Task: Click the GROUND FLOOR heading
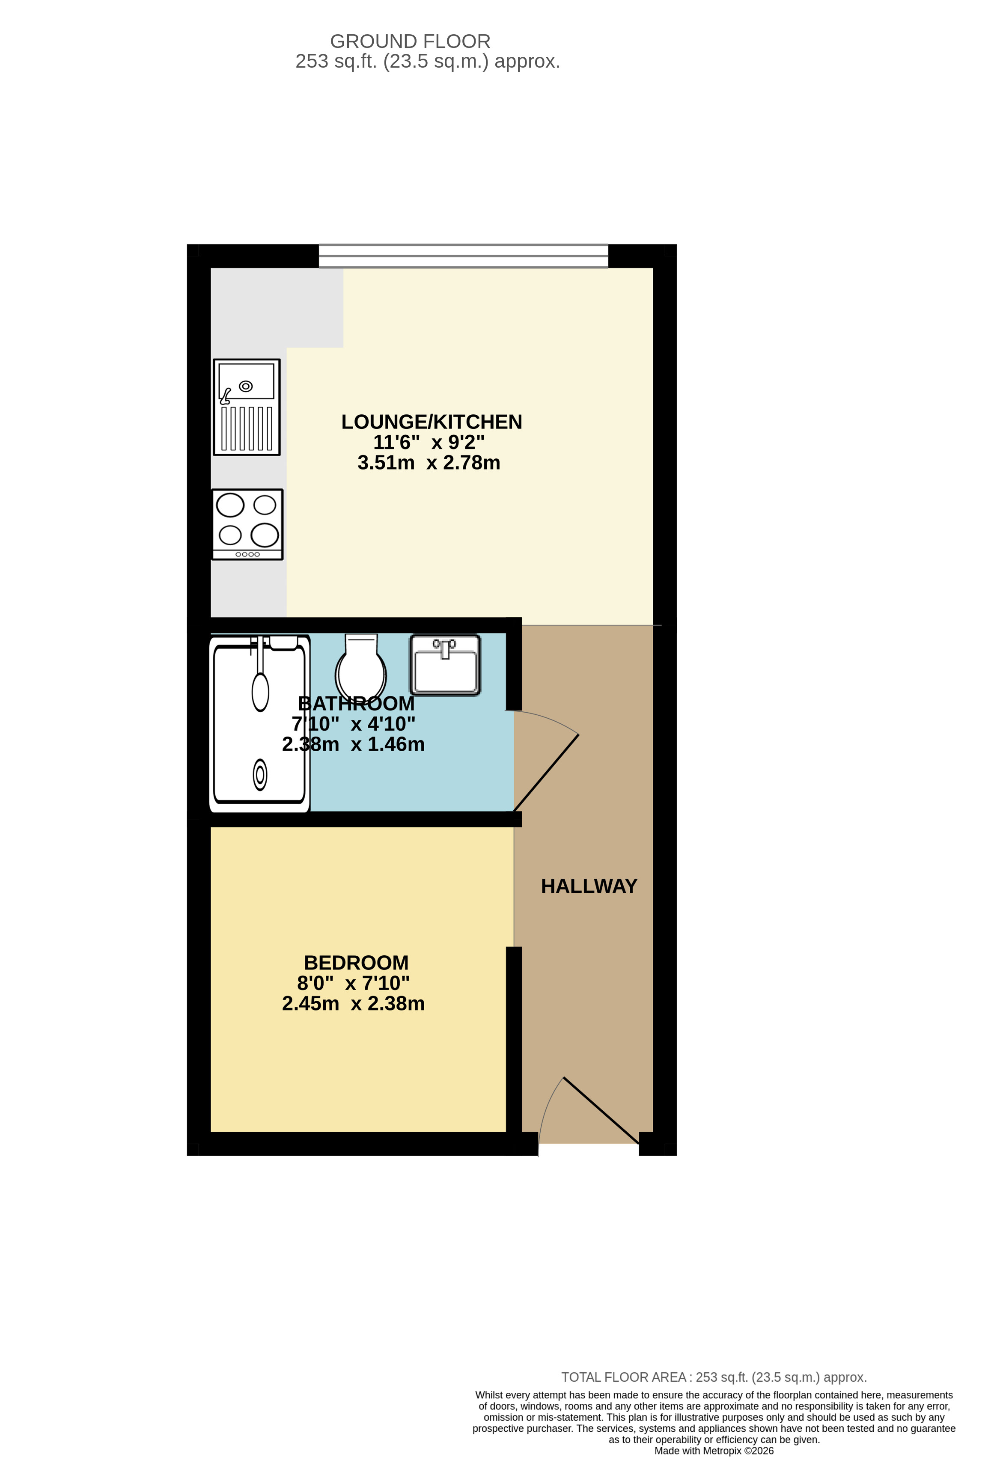[x=410, y=42]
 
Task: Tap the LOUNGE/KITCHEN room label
[x=432, y=422]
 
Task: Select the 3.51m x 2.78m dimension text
[x=429, y=463]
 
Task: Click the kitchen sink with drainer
[x=247, y=407]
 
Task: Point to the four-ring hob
[x=247, y=524]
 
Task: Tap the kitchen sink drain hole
[x=246, y=386]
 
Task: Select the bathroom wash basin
[x=445, y=665]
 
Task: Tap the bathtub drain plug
[x=259, y=774]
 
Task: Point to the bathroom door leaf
[x=546, y=773]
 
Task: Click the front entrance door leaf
[x=601, y=1110]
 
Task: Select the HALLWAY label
[x=589, y=886]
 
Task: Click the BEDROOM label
[x=356, y=962]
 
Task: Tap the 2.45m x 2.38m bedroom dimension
[x=354, y=1003]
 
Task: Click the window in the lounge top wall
[x=463, y=256]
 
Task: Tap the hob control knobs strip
[x=248, y=554]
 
